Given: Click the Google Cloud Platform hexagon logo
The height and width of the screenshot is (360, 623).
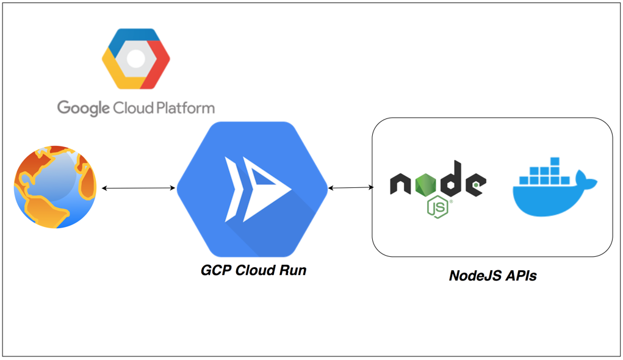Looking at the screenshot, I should (135, 59).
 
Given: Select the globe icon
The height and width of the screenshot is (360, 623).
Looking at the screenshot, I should (56, 187).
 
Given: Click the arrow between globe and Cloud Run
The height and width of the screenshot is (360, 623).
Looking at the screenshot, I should (138, 188).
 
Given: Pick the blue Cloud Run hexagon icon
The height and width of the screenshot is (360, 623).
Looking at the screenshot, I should (253, 189).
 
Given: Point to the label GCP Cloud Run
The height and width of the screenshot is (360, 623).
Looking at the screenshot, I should (253, 270).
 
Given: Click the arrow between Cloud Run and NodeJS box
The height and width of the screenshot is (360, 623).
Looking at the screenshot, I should (351, 188).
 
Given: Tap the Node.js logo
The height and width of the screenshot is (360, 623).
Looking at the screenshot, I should (438, 187).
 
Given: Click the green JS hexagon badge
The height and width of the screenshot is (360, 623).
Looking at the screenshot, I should (438, 207).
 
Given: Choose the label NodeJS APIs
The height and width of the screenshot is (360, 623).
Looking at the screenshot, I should (492, 275).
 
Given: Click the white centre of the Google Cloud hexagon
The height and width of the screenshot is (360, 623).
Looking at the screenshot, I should (135, 59).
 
